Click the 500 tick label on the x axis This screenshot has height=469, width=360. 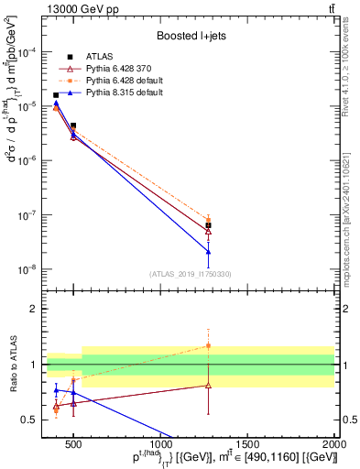tap(73, 446)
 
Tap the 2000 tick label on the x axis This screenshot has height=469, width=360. tap(333, 446)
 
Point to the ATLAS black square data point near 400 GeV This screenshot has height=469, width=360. tap(56, 95)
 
